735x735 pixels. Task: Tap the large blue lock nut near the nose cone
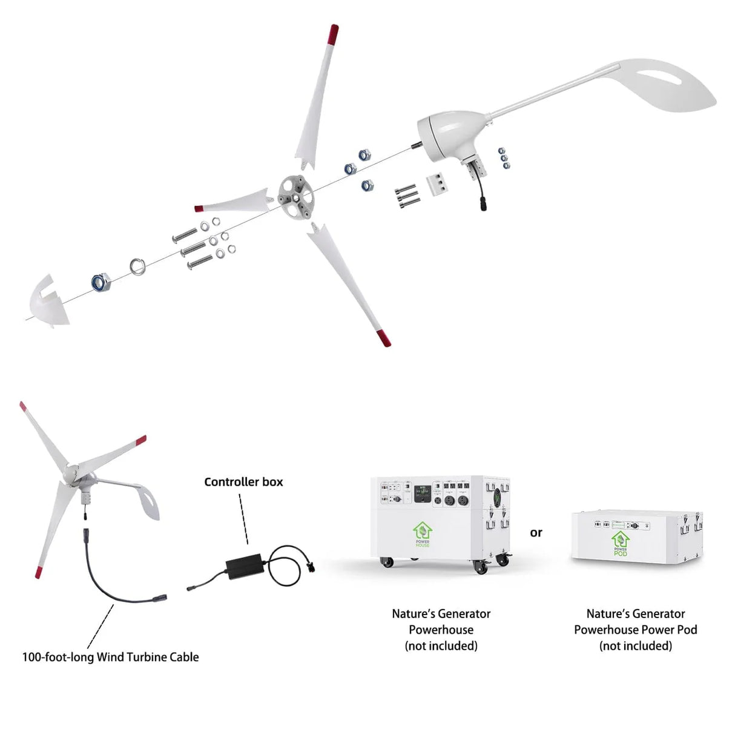tap(100, 282)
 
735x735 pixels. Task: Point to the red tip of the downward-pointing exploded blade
tap(383, 338)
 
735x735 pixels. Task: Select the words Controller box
tap(243, 482)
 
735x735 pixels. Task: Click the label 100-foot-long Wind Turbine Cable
tap(110, 657)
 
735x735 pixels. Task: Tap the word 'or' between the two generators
tap(536, 533)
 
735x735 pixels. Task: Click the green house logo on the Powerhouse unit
tap(423, 533)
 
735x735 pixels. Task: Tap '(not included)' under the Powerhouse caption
tap(441, 646)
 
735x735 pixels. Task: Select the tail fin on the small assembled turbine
tap(146, 501)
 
